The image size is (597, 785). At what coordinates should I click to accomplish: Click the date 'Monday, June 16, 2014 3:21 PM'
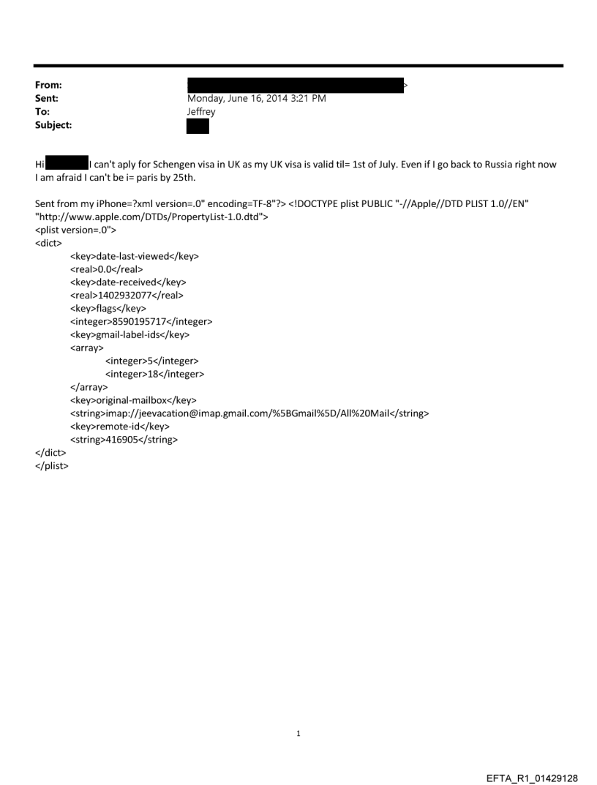click(256, 98)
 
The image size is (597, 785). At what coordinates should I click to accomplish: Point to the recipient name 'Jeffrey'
click(201, 111)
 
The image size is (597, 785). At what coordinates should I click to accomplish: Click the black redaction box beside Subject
click(198, 126)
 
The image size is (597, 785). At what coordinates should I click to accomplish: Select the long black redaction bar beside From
click(296, 85)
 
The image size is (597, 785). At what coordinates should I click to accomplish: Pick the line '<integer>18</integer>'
click(154, 374)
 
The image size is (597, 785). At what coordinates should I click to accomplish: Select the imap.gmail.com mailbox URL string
click(249, 413)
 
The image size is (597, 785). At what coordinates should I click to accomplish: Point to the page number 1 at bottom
click(298, 733)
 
